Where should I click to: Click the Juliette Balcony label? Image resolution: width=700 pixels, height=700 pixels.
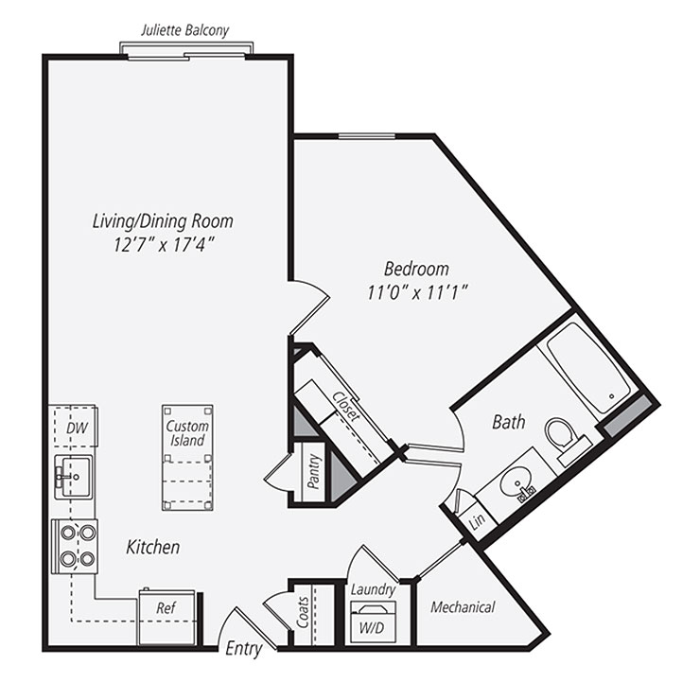[184, 30]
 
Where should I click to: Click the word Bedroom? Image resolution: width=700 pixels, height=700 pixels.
[416, 268]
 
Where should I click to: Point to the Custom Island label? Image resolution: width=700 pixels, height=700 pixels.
[187, 433]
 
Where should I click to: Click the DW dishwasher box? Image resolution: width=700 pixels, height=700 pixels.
[76, 428]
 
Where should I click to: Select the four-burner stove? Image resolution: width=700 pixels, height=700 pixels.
[76, 546]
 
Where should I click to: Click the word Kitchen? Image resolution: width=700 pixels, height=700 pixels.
[152, 548]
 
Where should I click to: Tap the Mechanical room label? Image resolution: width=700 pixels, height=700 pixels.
[463, 607]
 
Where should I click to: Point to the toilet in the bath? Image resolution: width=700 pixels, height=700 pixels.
[562, 437]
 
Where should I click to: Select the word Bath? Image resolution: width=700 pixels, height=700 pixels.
[508, 423]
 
